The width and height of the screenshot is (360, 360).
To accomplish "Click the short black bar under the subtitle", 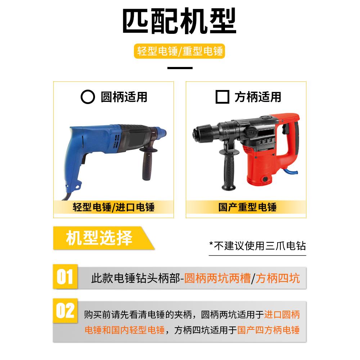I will (x=180, y=67).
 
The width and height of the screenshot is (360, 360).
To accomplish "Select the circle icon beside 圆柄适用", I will (x=87, y=97).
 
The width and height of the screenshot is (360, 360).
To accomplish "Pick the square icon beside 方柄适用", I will (x=222, y=97).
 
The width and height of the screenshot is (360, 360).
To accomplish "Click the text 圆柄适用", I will (x=124, y=97).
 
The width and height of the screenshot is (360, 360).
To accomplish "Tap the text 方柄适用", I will (x=258, y=97).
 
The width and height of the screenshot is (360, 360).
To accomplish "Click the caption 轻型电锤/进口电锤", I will (x=113, y=208).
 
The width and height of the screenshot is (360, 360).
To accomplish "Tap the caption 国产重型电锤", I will (x=247, y=208).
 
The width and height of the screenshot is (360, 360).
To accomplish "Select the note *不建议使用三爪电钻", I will (x=257, y=246).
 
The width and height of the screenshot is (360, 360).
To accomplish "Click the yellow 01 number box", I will (x=65, y=278).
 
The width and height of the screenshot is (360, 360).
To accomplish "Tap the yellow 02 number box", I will (x=65, y=311).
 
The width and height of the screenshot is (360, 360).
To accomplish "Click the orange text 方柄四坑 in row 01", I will (x=278, y=278).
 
